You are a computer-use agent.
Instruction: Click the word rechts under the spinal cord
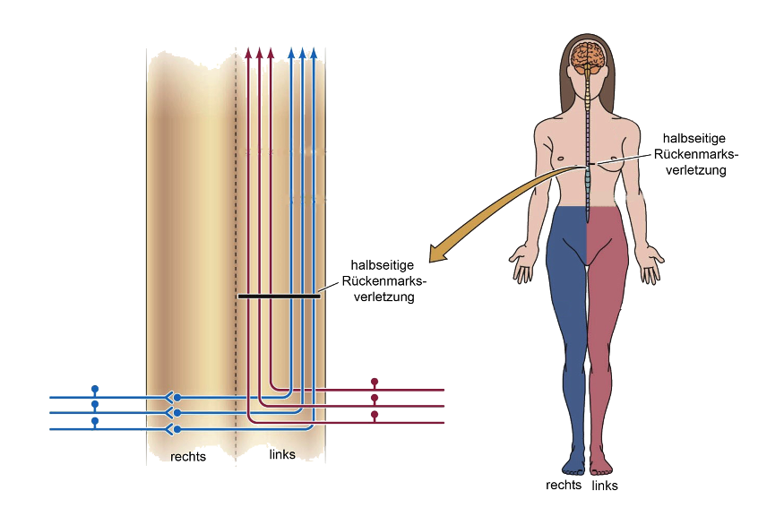pyautogui.click(x=188, y=457)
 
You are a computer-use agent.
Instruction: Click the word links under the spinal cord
pyautogui.click(x=282, y=454)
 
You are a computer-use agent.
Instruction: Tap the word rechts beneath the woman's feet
pyautogui.click(x=564, y=485)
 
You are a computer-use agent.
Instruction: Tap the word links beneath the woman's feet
pyautogui.click(x=605, y=485)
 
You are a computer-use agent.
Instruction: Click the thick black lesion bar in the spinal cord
pyautogui.click(x=279, y=297)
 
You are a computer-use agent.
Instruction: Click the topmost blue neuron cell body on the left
pyautogui.click(x=95, y=389)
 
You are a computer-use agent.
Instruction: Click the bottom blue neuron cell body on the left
pyautogui.click(x=95, y=421)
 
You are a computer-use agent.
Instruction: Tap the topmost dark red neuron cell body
pyautogui.click(x=375, y=382)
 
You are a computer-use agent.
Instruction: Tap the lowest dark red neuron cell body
pyautogui.click(x=375, y=415)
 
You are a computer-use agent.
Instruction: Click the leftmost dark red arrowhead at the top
pyautogui.click(x=248, y=53)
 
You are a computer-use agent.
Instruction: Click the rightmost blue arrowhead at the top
pyautogui.click(x=314, y=53)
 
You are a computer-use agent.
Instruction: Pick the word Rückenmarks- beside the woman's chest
pyautogui.click(x=695, y=154)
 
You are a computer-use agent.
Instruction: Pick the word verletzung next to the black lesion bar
pyautogui.click(x=384, y=297)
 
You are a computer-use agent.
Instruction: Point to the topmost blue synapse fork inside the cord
pyautogui.click(x=170, y=398)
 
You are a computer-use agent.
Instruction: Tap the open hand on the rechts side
pyautogui.click(x=522, y=262)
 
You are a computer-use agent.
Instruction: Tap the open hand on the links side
pyautogui.click(x=651, y=263)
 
